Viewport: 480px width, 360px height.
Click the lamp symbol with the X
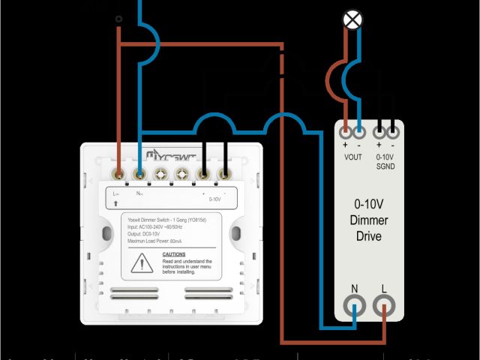[351, 20]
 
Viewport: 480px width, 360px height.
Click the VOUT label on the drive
[352, 156]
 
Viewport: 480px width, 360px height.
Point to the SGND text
[385, 166]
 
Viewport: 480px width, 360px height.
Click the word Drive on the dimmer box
[369, 235]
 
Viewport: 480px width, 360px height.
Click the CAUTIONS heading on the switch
[175, 254]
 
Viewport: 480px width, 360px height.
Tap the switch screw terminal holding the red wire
[118, 174]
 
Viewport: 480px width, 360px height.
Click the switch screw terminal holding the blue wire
[139, 174]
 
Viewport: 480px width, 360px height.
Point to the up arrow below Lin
[116, 202]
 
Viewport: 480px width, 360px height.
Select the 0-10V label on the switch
[215, 199]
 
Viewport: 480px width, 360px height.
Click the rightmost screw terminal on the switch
[223, 174]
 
